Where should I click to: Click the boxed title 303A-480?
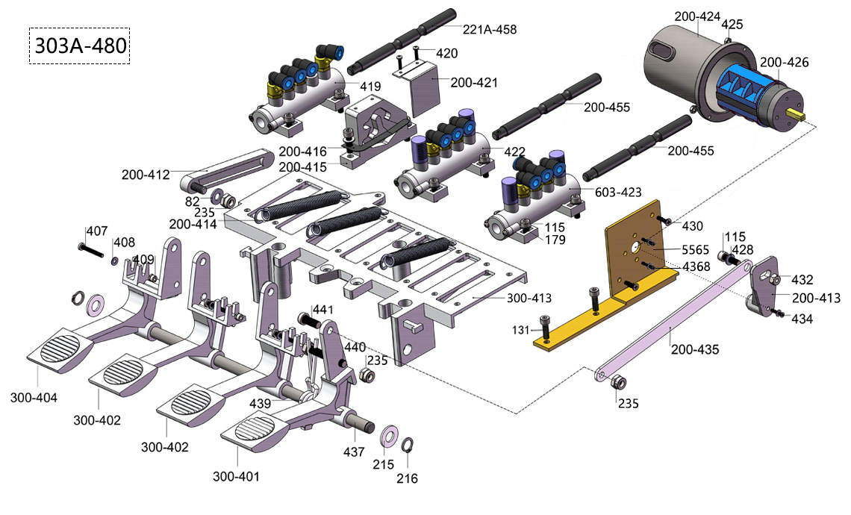pos(80,46)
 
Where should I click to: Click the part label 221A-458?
pos(490,29)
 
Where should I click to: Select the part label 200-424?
pos(697,17)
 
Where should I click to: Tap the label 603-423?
pos(618,192)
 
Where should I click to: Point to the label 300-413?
pos(529,298)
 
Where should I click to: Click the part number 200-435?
pos(695,349)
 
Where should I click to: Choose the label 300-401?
pos(236,476)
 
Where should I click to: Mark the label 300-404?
pos(34,398)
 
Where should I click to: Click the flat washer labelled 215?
pos(389,434)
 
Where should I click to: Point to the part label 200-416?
pos(303,151)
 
